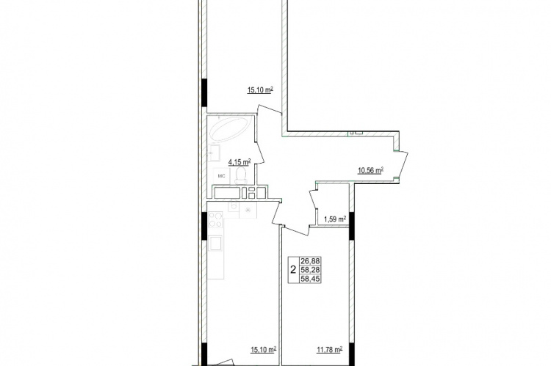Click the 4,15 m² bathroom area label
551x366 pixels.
click(x=240, y=162)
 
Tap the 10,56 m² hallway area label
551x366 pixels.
click(x=370, y=171)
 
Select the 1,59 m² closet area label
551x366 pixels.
click(x=335, y=219)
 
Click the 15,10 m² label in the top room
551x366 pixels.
click(x=260, y=89)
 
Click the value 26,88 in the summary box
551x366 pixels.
click(x=310, y=261)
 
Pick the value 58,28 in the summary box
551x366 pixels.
click(x=310, y=270)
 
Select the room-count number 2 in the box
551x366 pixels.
click(x=293, y=270)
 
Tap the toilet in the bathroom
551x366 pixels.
click(x=241, y=175)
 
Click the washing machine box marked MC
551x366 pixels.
click(x=222, y=176)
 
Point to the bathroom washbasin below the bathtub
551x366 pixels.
click(x=214, y=153)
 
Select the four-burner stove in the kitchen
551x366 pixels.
click(x=215, y=219)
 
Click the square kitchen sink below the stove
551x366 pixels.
click(x=215, y=244)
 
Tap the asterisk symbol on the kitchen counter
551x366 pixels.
click(x=248, y=211)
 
